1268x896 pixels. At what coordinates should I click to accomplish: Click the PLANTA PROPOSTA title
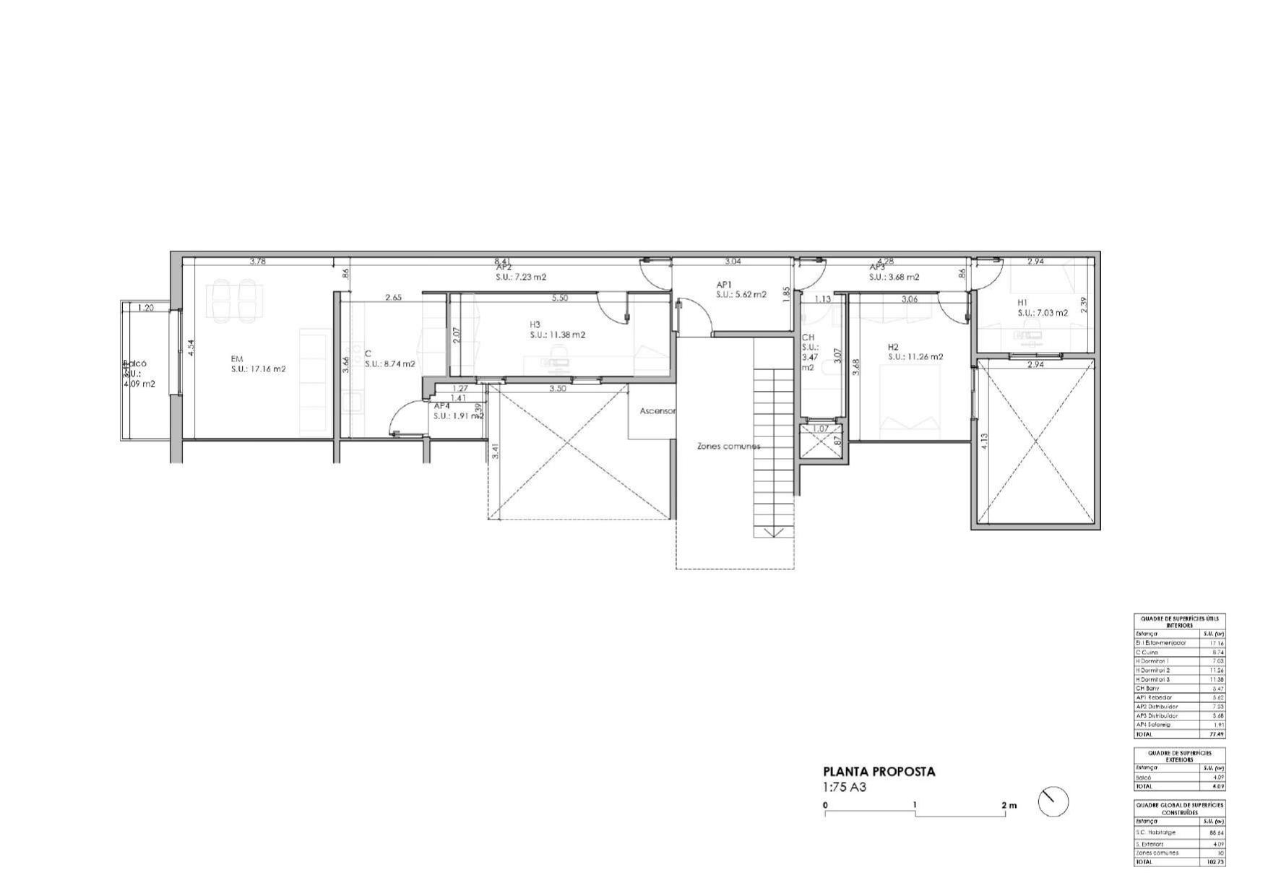[x=879, y=772]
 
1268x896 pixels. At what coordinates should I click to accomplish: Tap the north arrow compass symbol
[x=1053, y=802]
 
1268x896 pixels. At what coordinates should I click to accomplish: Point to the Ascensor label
[x=657, y=411]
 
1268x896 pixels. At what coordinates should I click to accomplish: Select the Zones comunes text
[x=728, y=447]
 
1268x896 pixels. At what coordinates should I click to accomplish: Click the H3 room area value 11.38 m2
[x=557, y=335]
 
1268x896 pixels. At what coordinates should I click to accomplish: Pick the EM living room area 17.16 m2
[x=258, y=369]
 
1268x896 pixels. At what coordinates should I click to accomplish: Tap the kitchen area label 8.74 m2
[x=389, y=364]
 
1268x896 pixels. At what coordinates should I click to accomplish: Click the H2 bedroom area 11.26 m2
[x=915, y=357]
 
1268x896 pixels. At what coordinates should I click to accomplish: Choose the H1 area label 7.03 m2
[x=1043, y=314]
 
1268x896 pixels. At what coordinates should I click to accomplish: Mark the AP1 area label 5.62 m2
[x=741, y=295]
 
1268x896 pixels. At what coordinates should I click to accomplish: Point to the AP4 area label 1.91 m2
[x=458, y=416]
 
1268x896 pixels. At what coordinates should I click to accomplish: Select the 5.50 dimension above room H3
[x=559, y=298]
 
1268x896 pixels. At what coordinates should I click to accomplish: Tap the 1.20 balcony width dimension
[x=145, y=308]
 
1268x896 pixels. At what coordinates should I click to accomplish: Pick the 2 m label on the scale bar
[x=1009, y=805]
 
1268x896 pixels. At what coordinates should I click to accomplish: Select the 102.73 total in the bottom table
[x=1216, y=862]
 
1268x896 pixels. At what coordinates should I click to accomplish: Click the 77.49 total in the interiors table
[x=1217, y=734]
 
